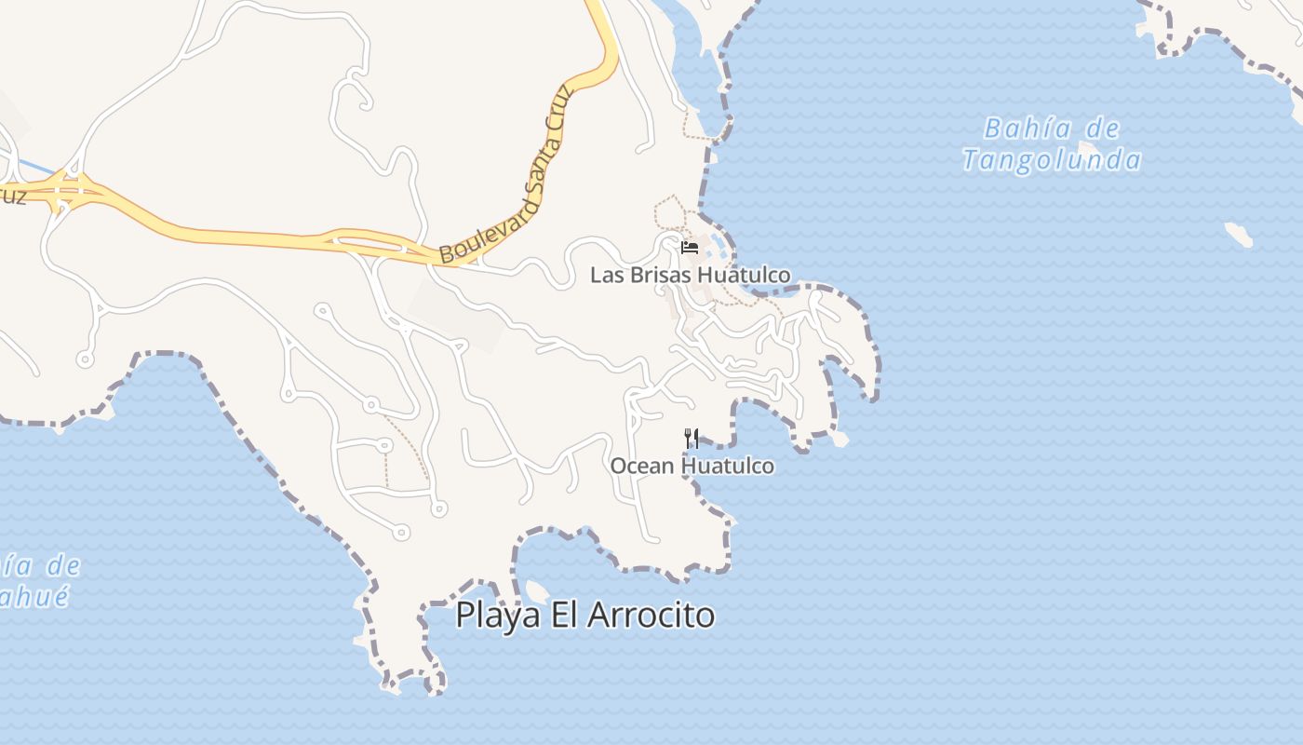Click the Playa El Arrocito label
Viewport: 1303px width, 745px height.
pos(585,616)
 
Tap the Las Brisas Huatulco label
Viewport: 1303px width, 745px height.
pos(691,275)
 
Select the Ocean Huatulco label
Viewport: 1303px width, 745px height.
pos(692,465)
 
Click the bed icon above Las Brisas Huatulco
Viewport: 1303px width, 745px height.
pos(690,248)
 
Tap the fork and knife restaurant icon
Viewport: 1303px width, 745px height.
pos(692,438)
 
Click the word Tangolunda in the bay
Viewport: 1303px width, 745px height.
pos(1052,160)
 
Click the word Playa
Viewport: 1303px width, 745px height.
pos(498,616)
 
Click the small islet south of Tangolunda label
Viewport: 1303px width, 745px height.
pos(1239,234)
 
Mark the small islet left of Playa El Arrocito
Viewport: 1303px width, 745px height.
pos(537,590)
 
